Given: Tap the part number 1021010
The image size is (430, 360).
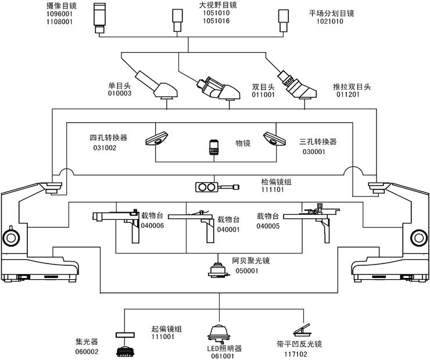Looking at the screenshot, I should point(329,22).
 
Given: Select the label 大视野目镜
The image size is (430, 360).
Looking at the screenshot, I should point(216,5).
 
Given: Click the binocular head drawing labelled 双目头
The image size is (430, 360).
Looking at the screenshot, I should point(219,86).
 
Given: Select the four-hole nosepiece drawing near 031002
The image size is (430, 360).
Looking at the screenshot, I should point(158,137).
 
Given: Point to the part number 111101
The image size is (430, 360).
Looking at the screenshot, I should point(273,190).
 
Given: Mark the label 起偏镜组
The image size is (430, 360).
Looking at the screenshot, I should point(166,329).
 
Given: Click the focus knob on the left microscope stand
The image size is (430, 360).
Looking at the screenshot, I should point(11,237).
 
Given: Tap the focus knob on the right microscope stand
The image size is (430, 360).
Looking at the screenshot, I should point(418,237).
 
